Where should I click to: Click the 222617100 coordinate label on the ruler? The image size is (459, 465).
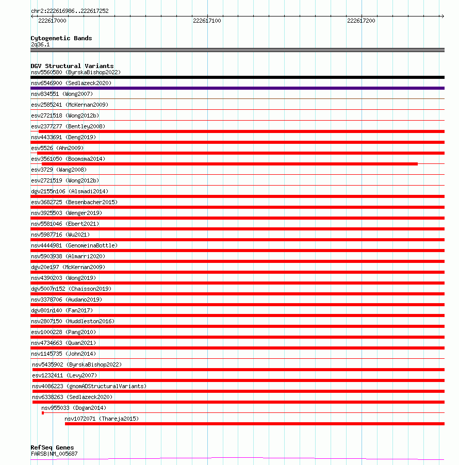click(x=207, y=21)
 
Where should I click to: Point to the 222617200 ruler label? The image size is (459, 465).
click(x=361, y=21)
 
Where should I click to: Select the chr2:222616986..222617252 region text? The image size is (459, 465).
click(x=70, y=11)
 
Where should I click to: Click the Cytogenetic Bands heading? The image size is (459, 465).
click(x=61, y=38)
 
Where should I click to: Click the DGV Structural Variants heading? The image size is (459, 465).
click(x=72, y=66)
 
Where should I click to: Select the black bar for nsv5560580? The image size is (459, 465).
click(x=237, y=77)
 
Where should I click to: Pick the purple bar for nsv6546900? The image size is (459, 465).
click(x=237, y=88)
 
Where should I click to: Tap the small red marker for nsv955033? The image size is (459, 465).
click(x=43, y=413)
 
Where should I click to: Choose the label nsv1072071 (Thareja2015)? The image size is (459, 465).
click(x=102, y=419)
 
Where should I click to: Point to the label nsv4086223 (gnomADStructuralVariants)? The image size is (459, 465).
click(x=89, y=386)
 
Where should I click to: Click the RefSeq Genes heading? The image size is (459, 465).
click(x=52, y=447)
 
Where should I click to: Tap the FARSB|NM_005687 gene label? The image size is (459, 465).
click(x=54, y=454)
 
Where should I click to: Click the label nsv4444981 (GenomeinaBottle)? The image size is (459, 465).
click(x=74, y=245)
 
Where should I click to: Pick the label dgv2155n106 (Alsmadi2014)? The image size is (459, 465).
click(x=70, y=191)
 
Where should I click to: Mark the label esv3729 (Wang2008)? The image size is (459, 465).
click(x=59, y=170)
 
